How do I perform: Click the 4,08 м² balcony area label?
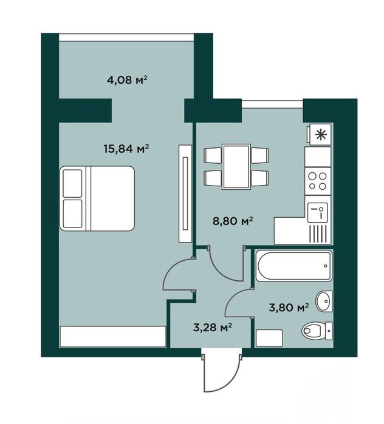(x=127, y=80)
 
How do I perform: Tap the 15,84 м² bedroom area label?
(x=126, y=149)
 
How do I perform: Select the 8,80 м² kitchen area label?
(x=233, y=221)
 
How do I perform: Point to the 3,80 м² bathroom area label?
(x=289, y=307)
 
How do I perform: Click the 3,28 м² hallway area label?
(x=213, y=328)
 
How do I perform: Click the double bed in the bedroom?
(x=97, y=198)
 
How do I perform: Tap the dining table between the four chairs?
(x=236, y=166)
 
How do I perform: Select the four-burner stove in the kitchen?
(x=318, y=181)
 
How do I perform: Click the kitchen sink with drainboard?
(x=318, y=220)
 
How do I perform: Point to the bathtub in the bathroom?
(x=294, y=266)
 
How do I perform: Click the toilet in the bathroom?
(x=317, y=330)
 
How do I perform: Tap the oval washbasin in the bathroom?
(x=324, y=301)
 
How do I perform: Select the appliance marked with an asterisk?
(x=319, y=135)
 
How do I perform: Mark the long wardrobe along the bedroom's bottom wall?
(x=113, y=337)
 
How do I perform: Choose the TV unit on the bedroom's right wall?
(x=185, y=193)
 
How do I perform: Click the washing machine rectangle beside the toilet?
(x=269, y=338)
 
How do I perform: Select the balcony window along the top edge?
(x=126, y=38)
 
